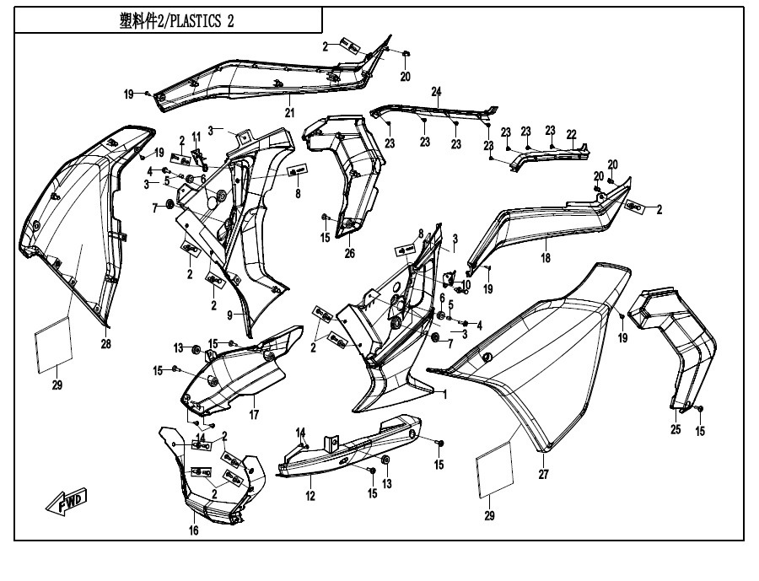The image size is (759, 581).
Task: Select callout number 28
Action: (x=106, y=343)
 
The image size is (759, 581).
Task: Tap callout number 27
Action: (x=544, y=475)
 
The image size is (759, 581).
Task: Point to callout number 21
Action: (x=288, y=113)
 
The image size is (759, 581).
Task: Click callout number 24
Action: (x=437, y=91)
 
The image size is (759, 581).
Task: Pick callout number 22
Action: (x=571, y=134)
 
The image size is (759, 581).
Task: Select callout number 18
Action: (x=546, y=258)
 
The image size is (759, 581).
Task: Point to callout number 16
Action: (x=193, y=530)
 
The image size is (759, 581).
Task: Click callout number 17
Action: (x=253, y=415)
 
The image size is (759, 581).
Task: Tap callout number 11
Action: (x=196, y=137)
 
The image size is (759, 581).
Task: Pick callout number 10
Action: (x=466, y=284)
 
